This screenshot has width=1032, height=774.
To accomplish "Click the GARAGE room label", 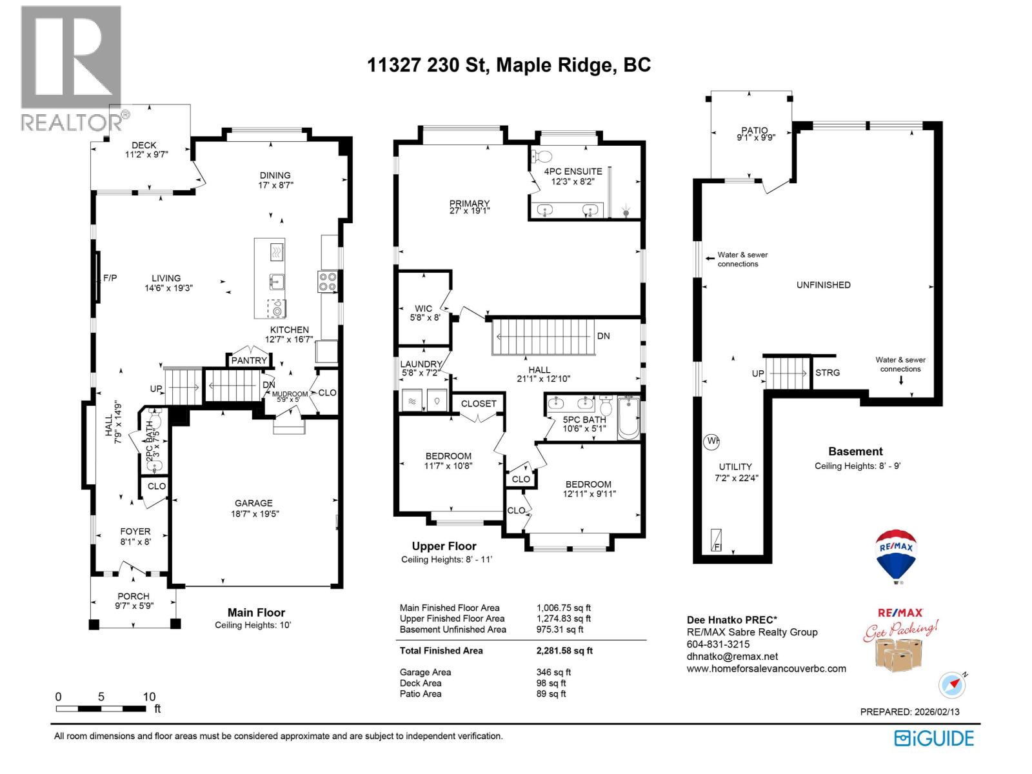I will click(x=253, y=503).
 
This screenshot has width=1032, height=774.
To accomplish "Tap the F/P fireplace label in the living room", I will click(x=110, y=278).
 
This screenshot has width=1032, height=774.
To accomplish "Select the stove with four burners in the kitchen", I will click(x=327, y=281).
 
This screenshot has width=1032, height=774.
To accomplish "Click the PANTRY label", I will click(x=249, y=361).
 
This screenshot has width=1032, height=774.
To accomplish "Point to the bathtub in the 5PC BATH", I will click(x=628, y=419).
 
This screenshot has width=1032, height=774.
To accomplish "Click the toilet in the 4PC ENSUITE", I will click(x=542, y=156).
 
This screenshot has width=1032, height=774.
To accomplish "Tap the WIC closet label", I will click(x=424, y=308).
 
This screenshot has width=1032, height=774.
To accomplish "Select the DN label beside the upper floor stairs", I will click(x=603, y=336).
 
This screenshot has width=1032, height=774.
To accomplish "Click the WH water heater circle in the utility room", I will click(x=711, y=442).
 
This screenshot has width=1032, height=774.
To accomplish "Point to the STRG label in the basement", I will click(x=828, y=373).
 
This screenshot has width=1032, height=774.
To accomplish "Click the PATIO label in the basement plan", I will click(x=755, y=130).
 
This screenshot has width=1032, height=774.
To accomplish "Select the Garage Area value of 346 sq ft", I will click(x=553, y=672).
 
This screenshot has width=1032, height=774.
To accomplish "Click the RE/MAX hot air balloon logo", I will click(x=896, y=555).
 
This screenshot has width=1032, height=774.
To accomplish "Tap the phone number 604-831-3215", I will click(x=718, y=644).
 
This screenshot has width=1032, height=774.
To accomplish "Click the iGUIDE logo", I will click(x=934, y=738).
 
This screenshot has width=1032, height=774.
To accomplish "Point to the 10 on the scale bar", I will click(x=149, y=697).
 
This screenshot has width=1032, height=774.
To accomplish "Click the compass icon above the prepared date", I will click(x=952, y=685).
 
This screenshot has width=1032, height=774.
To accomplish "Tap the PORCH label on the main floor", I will click(x=134, y=597).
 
